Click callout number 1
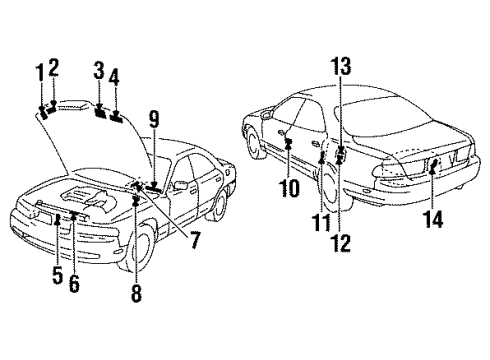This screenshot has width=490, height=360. (x=40, y=73)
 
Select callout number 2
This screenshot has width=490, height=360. (x=53, y=68)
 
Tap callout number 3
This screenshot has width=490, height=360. (x=99, y=71)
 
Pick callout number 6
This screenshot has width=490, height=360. (x=74, y=283)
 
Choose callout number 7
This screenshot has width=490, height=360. (x=194, y=241)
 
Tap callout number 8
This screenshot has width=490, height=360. (x=136, y=294)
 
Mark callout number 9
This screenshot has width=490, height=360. (x=154, y=120)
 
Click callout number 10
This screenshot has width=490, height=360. (x=290, y=188)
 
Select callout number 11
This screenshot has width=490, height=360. (x=321, y=223)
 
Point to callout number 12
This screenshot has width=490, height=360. (x=341, y=243)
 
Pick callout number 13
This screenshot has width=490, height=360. (x=341, y=66)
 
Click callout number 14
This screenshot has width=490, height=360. (x=433, y=220)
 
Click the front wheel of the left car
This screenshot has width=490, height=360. (x=142, y=248)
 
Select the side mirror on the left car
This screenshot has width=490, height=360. (x=181, y=184)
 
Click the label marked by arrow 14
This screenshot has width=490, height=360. (x=434, y=164)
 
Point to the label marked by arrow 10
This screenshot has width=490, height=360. (x=289, y=142)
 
